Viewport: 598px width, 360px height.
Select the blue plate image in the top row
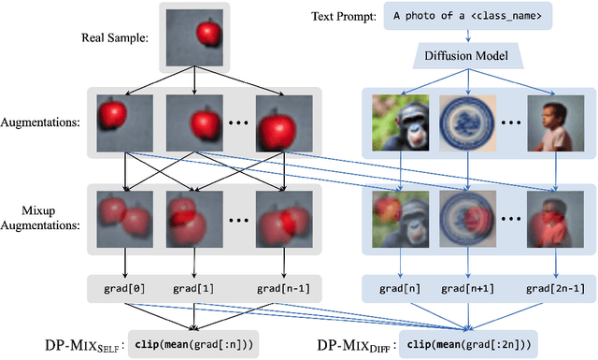coord(468,122)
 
